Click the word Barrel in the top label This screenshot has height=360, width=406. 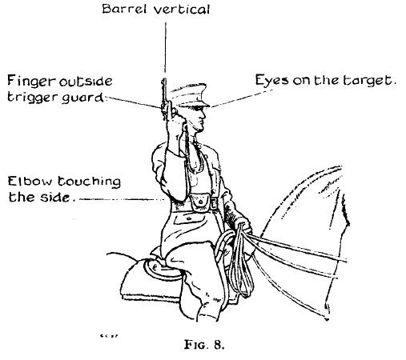124,9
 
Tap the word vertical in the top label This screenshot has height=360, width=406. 182,10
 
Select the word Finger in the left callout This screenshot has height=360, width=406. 31,82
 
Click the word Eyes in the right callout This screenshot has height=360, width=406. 271,80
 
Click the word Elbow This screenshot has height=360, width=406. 30,182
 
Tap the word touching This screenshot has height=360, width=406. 89,182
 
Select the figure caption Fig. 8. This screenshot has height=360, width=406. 204,345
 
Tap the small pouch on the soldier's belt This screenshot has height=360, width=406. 198,202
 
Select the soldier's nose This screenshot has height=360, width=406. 203,114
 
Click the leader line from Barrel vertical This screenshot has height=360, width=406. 165,47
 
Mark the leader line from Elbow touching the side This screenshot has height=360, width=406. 122,199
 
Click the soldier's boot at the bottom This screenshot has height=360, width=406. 208,310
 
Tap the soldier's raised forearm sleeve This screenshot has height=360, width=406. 175,174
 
